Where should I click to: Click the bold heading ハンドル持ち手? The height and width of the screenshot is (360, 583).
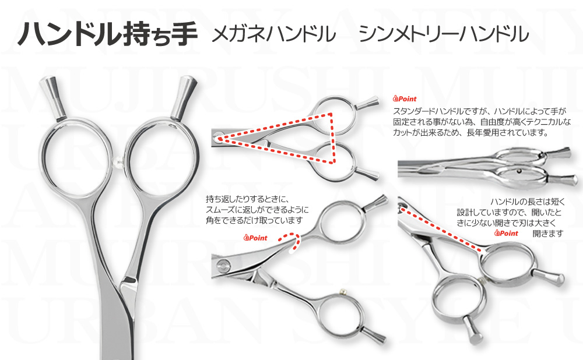pos(107,34)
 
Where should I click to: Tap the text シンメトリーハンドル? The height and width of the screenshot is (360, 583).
pos(444,35)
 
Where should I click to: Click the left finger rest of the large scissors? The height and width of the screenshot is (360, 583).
pos(51,97)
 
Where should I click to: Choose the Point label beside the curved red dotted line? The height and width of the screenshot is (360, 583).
pos(255,238)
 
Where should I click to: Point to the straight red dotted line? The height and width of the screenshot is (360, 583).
pos(443,227)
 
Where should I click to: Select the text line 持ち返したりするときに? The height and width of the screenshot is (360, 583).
pos(251,198)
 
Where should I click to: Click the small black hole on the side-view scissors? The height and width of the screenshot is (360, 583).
pos(518,172)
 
